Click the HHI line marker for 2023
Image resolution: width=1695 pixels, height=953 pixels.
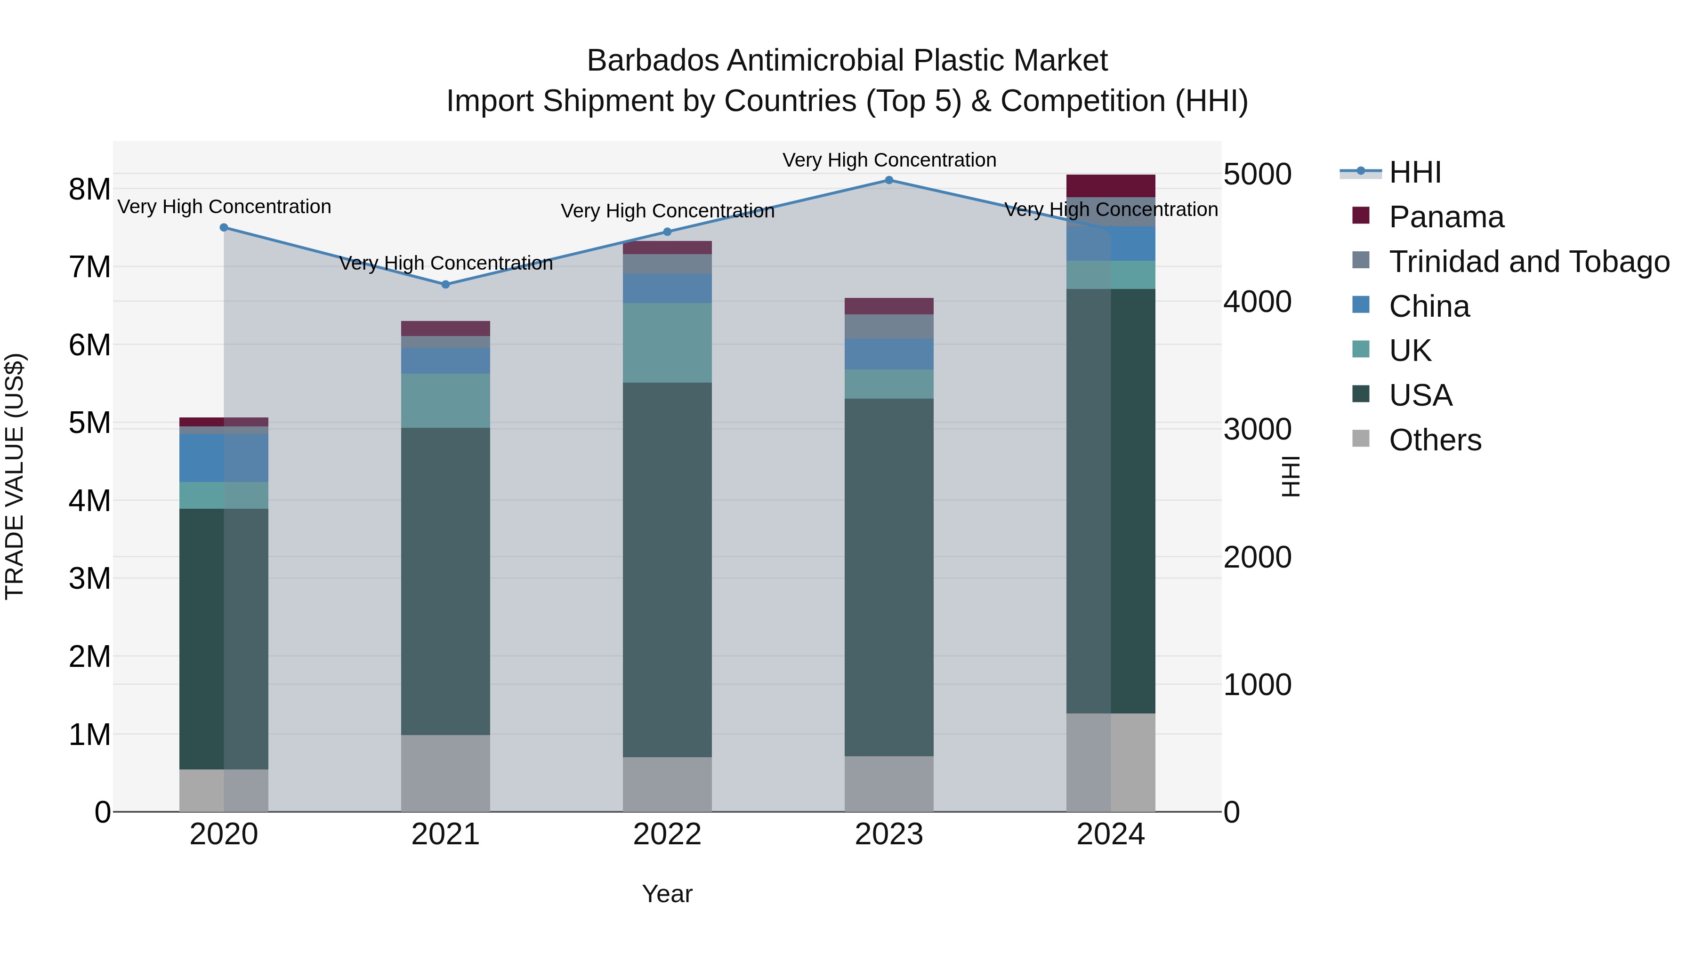click(x=889, y=180)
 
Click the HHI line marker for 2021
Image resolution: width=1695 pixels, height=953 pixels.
click(x=445, y=285)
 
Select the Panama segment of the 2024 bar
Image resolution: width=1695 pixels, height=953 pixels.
click(x=1111, y=185)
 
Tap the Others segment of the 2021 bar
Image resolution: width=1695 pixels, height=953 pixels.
click(x=445, y=773)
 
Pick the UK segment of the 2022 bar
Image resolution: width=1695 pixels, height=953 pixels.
click(x=667, y=343)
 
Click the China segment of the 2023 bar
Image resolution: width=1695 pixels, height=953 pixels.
click(x=889, y=354)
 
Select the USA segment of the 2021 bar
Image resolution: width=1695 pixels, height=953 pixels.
click(x=445, y=581)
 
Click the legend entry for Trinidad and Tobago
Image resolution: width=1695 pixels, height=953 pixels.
click(x=1528, y=262)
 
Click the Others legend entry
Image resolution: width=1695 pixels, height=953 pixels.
click(x=1435, y=440)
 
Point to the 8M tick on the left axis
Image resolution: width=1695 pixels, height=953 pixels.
click(x=89, y=189)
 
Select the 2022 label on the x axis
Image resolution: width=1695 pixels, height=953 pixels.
click(x=667, y=834)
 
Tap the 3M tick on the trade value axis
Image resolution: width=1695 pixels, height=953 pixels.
click(x=89, y=579)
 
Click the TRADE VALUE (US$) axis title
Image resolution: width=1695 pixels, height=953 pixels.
click(x=15, y=476)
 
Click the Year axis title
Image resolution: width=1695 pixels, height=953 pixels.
click(x=667, y=894)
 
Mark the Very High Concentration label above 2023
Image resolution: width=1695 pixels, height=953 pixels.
click(x=889, y=160)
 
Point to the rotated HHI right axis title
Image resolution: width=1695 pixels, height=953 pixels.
click(x=1291, y=476)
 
